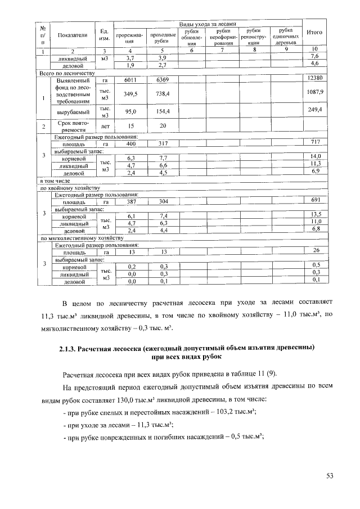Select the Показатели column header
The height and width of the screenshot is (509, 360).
pyautogui.click(x=72, y=35)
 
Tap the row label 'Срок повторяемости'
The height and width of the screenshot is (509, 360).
pyautogui.click(x=72, y=126)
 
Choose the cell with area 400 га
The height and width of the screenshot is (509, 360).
pyautogui.click(x=130, y=144)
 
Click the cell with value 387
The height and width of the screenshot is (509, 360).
pyautogui.click(x=130, y=201)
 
